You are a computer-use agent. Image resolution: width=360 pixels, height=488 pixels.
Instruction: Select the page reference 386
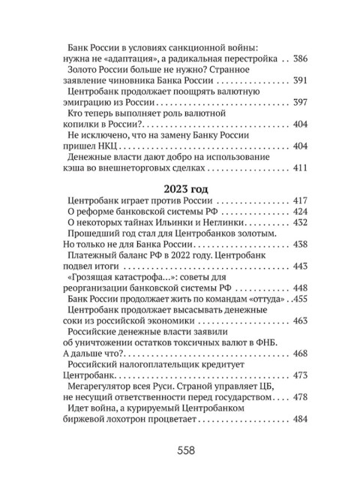point(298,59)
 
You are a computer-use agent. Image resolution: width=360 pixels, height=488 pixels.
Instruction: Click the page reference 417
point(298,201)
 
